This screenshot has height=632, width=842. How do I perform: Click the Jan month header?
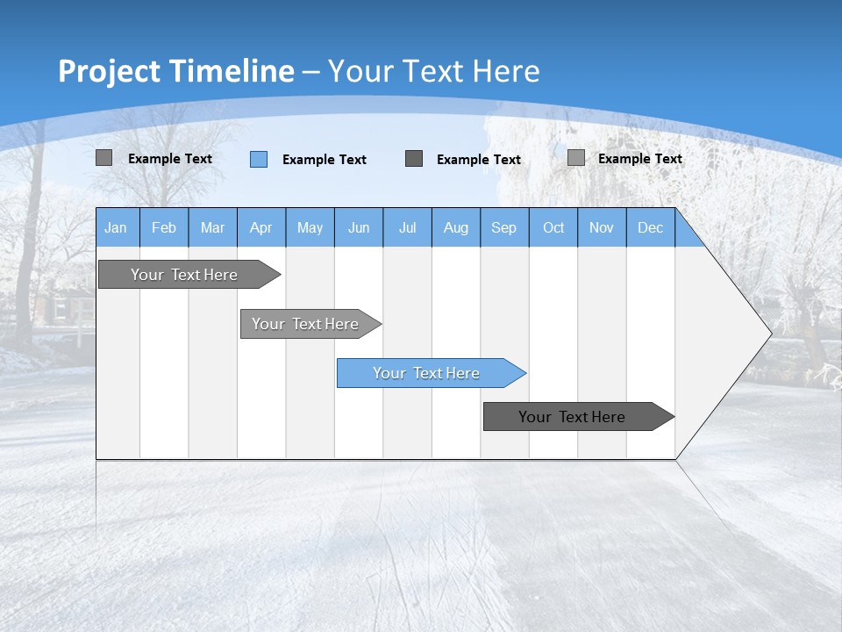[116, 227]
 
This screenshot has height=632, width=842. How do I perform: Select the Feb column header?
[164, 227]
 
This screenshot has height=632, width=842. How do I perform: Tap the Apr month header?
[261, 227]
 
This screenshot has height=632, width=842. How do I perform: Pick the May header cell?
[310, 227]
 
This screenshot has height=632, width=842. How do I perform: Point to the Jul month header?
[407, 227]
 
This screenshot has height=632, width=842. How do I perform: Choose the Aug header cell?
[456, 227]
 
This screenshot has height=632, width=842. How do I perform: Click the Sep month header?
[504, 227]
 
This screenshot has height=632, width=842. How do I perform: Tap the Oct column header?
[553, 227]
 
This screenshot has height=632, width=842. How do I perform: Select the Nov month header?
[602, 227]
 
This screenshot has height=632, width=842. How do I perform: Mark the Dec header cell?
[651, 227]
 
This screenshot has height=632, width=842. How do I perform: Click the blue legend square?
[259, 159]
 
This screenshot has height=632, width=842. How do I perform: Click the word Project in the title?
[110, 71]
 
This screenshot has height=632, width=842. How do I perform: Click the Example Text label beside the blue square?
[325, 159]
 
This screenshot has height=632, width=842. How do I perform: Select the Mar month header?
[212, 227]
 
